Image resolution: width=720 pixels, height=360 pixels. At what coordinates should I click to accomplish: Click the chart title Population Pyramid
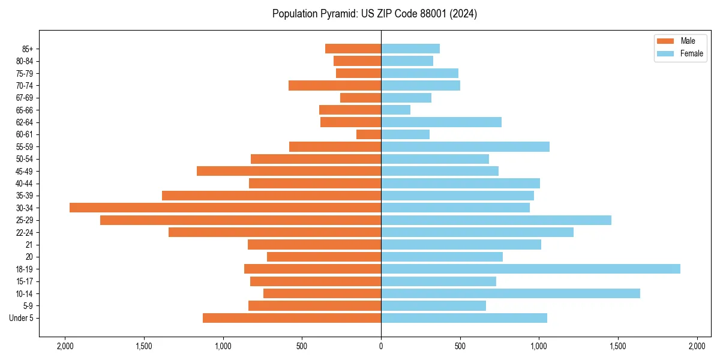(x=374, y=14)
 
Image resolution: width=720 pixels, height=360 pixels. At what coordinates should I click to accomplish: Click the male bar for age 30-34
(x=225, y=208)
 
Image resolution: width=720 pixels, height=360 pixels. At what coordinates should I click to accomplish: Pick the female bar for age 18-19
(x=530, y=269)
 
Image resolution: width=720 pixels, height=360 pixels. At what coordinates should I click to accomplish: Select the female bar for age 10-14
(x=510, y=293)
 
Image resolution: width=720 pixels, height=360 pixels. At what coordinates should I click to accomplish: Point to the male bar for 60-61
(x=368, y=134)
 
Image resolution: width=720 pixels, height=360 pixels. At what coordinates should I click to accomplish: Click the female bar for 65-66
(x=395, y=110)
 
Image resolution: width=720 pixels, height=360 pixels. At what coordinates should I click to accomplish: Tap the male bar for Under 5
(x=292, y=318)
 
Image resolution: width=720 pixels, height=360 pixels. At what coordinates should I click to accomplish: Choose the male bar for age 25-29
(x=240, y=220)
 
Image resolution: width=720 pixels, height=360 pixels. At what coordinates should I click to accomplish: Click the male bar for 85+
(x=353, y=49)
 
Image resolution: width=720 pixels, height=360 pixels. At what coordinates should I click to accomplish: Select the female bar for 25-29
(x=496, y=220)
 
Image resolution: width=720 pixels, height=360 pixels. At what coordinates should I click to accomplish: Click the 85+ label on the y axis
(x=26, y=49)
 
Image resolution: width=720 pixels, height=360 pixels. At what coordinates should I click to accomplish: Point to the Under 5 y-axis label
(x=22, y=318)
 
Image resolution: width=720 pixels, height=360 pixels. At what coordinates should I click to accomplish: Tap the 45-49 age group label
(x=25, y=171)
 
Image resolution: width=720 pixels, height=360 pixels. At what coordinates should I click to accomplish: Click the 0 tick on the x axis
(x=381, y=346)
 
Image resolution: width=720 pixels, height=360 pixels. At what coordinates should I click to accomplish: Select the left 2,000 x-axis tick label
(x=65, y=346)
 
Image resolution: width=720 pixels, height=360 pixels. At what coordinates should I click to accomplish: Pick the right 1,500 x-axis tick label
(x=618, y=346)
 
